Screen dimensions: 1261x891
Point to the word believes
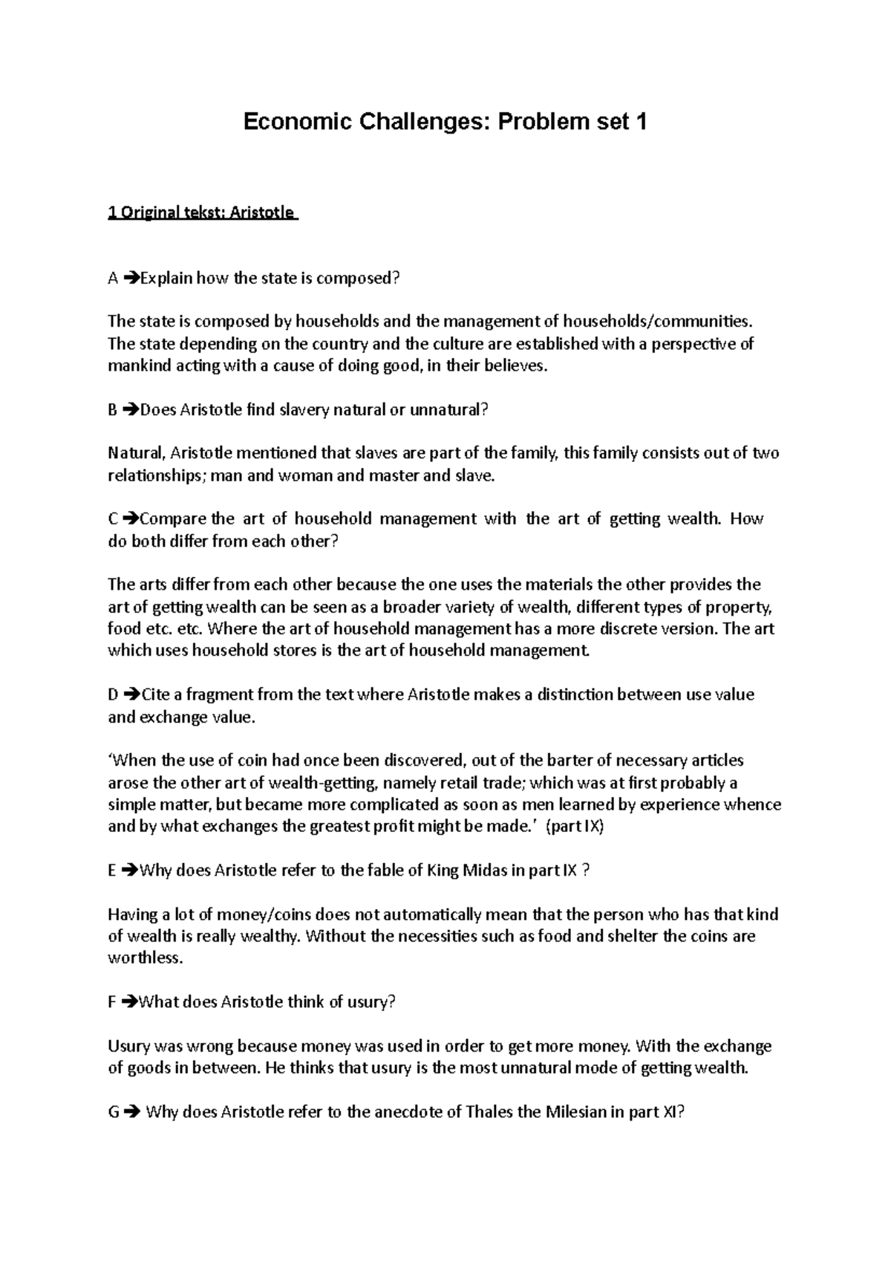pos(512,366)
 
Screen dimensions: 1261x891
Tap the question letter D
pos(113,695)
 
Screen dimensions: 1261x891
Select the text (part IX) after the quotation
pos(575,827)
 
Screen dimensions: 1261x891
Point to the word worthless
pos(145,958)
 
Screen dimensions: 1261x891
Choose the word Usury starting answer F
pos(128,1046)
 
